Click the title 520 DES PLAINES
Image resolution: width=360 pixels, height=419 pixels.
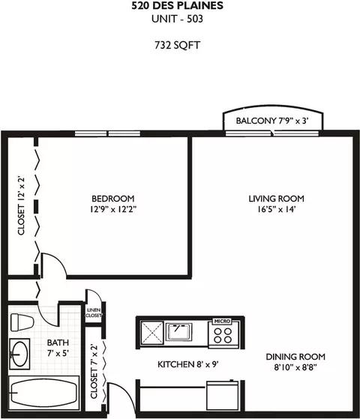(177, 5)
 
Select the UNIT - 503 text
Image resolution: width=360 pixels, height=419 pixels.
(177, 19)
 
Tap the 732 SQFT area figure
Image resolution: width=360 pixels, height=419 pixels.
(177, 45)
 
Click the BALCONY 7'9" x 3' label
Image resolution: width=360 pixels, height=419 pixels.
(272, 121)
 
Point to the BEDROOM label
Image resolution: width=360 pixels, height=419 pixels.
(113, 199)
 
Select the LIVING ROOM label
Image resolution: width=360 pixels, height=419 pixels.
(277, 199)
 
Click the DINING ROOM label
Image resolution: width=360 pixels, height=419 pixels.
(295, 357)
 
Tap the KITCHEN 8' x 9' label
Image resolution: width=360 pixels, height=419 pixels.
(188, 364)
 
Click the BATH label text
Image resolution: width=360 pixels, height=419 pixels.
(58, 343)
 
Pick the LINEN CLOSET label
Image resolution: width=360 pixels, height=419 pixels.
(94, 313)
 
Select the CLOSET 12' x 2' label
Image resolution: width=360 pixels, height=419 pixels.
(21, 205)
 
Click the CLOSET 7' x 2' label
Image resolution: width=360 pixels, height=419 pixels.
(94, 372)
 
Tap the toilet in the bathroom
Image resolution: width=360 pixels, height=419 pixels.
(22, 322)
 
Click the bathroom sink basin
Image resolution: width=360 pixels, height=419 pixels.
(19, 355)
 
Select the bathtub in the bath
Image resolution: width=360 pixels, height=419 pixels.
(43, 393)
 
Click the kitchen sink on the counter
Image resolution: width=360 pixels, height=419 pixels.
(178, 331)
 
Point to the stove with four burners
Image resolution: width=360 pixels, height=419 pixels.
(223, 335)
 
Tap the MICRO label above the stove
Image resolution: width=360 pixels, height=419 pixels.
(222, 322)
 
